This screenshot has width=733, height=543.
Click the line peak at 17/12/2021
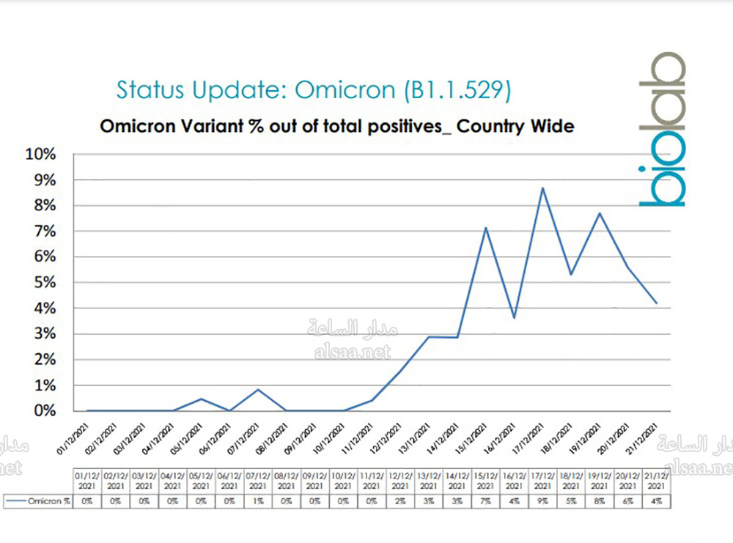click(x=542, y=188)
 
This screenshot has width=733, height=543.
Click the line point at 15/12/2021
click(x=485, y=228)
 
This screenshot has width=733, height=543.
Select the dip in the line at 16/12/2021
click(x=515, y=317)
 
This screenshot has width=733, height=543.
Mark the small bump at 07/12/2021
click(x=258, y=389)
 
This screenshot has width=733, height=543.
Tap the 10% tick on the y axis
click(x=41, y=155)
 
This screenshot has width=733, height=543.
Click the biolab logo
click(x=661, y=129)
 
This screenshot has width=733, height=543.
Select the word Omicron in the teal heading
click(x=345, y=89)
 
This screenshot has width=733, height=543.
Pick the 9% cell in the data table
click(x=542, y=501)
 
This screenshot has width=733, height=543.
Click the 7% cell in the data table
click(x=485, y=501)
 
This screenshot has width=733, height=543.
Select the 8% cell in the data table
click(x=600, y=501)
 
